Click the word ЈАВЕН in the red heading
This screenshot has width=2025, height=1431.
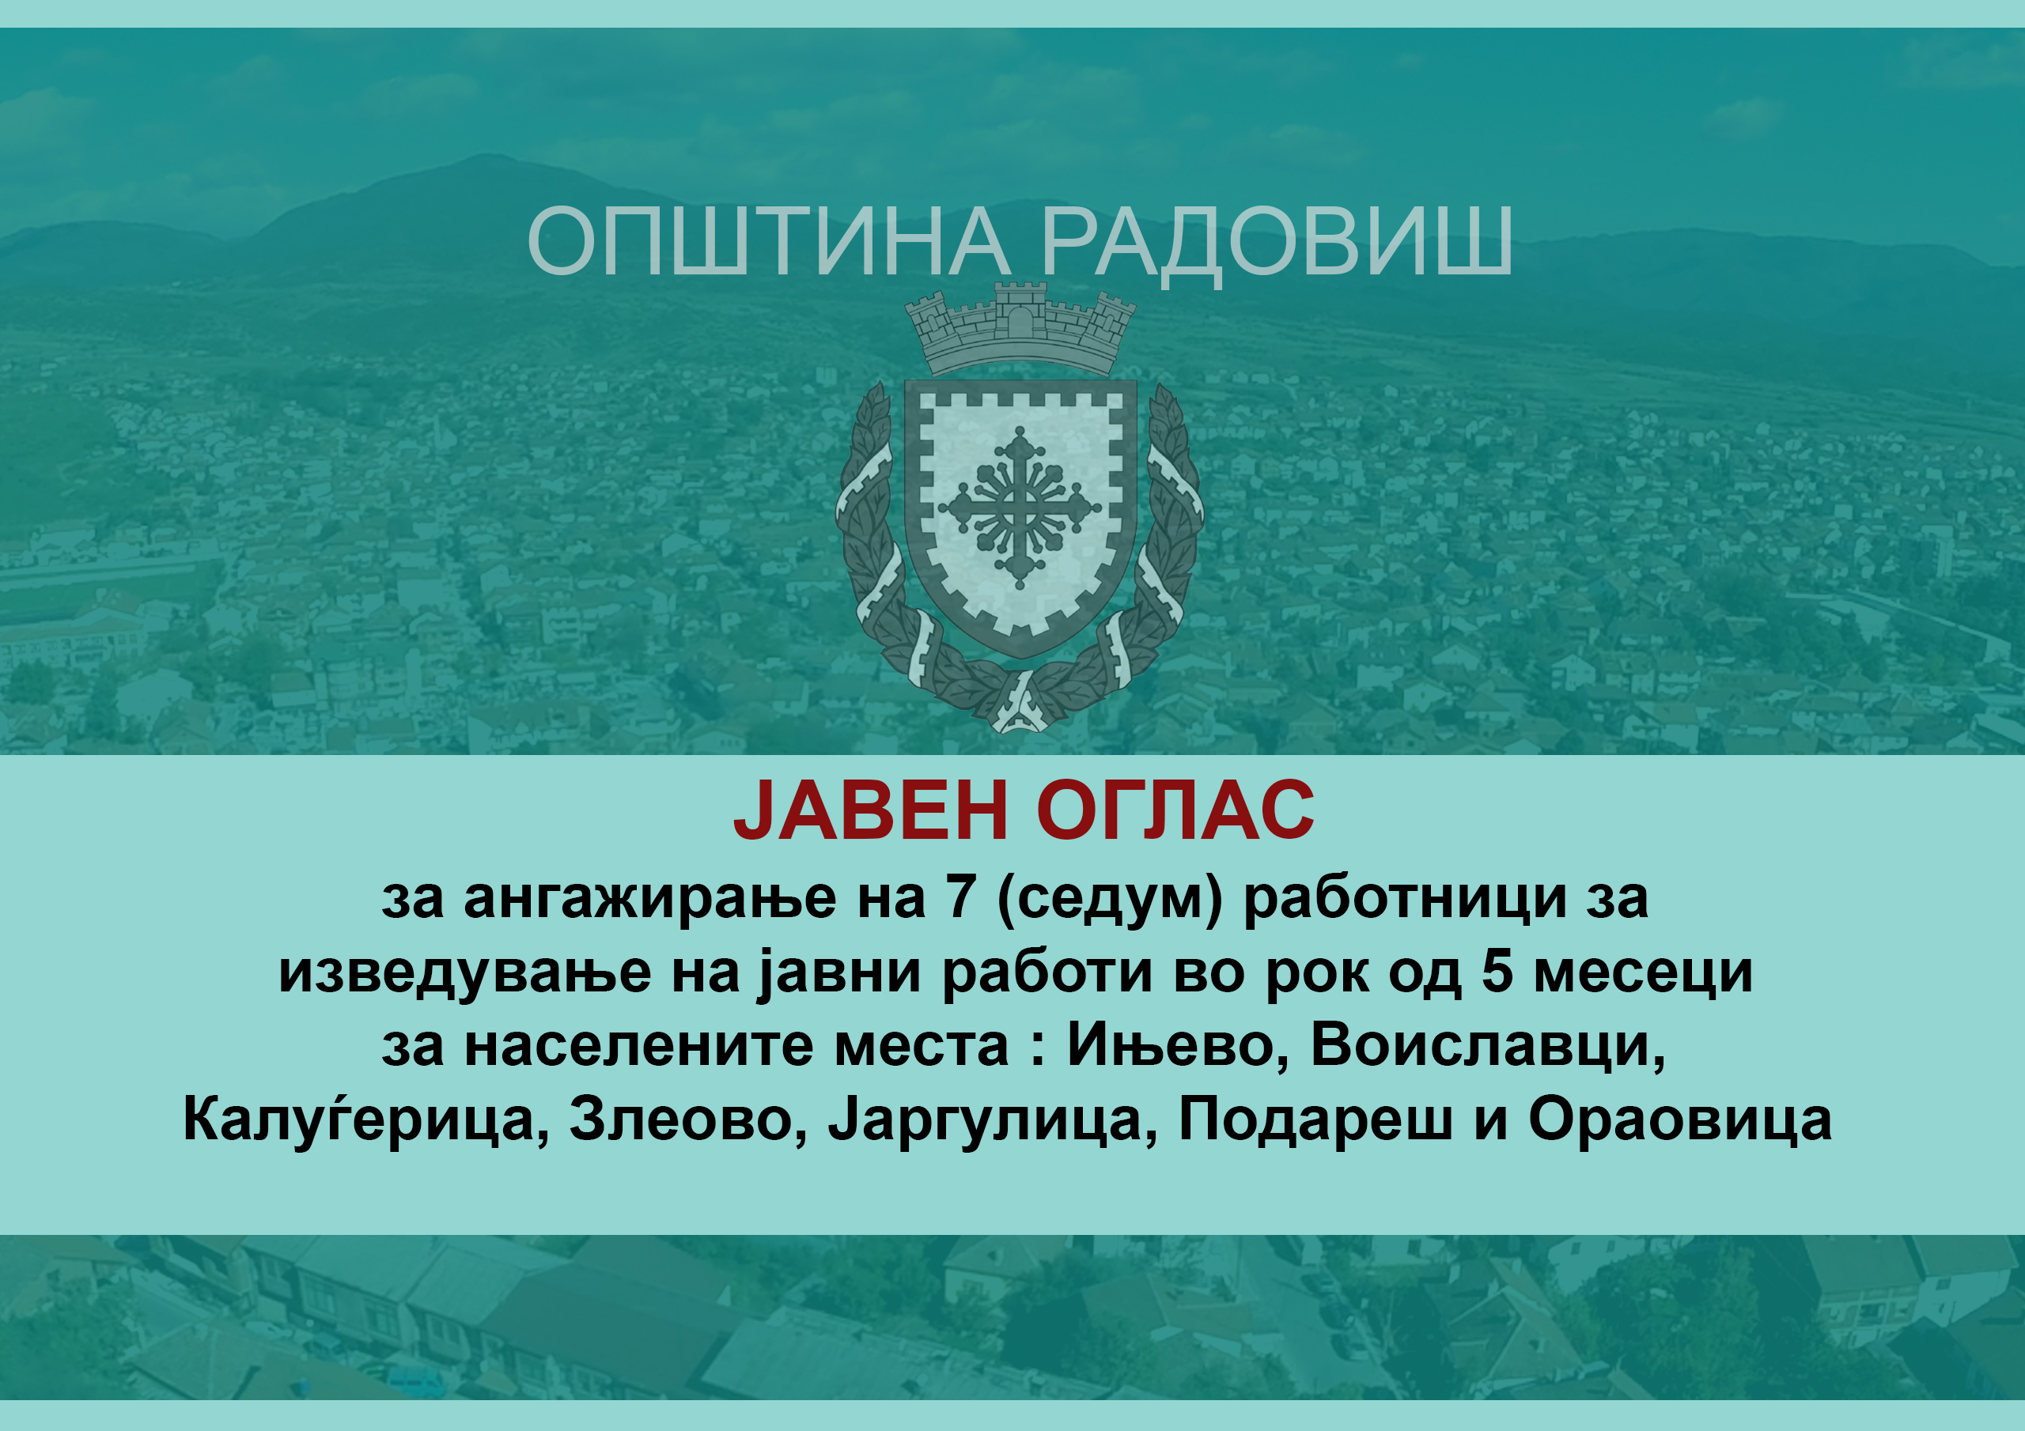click(870, 810)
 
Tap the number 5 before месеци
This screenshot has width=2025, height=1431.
click(1497, 972)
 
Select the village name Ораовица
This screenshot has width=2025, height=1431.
click(1680, 1120)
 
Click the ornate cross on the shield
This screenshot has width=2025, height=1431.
click(1020, 508)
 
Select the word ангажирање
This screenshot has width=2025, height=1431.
click(649, 898)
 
